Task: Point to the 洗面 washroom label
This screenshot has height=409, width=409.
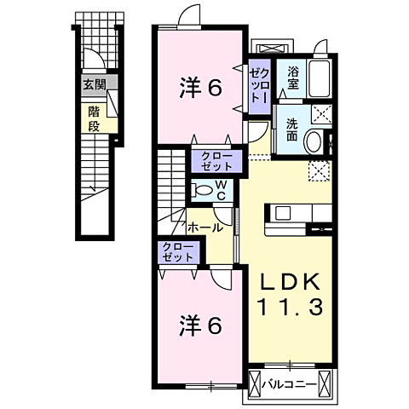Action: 291,128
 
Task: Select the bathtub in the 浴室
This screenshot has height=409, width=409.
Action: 321,80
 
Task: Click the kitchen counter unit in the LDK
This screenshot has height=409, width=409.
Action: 295,218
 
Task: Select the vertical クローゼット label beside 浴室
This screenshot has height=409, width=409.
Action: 258,86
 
